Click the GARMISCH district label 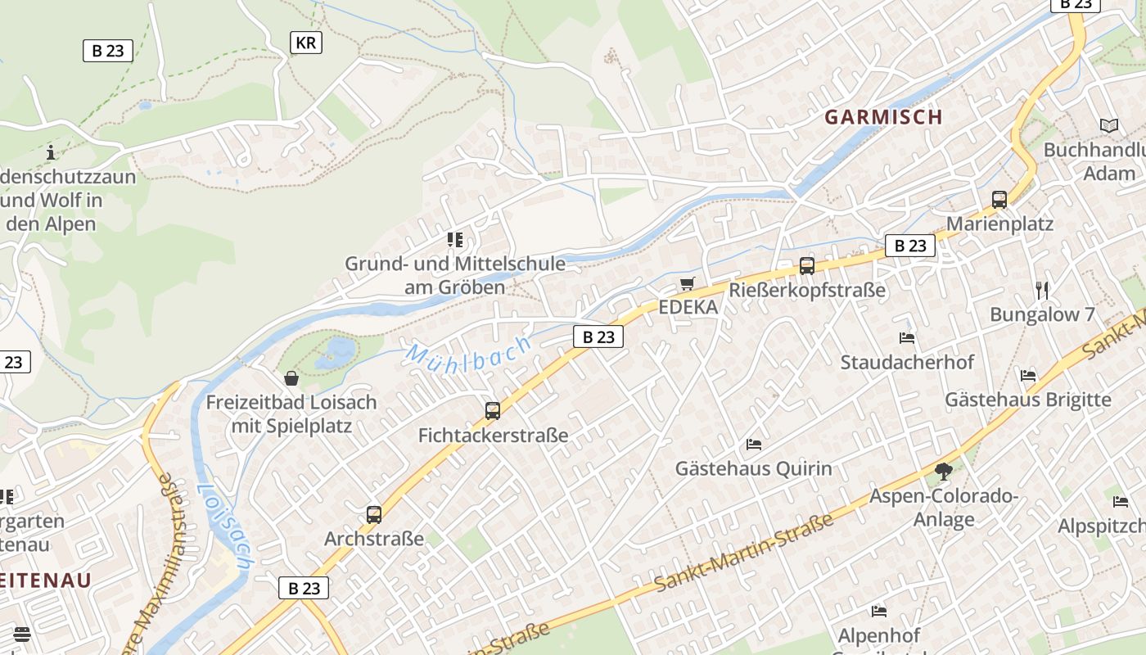pyautogui.click(x=883, y=117)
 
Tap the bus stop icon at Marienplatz pyautogui.click(x=999, y=199)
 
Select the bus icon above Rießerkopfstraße pyautogui.click(x=807, y=265)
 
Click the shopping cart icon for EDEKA pyautogui.click(x=688, y=283)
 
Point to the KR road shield pyautogui.click(x=306, y=43)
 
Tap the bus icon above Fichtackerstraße pyautogui.click(x=493, y=410)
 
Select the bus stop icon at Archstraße pyautogui.click(x=374, y=515)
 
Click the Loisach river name pyautogui.click(x=224, y=526)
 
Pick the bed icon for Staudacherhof pyautogui.click(x=907, y=337)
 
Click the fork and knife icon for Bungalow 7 pyautogui.click(x=1042, y=290)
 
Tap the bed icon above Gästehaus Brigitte pyautogui.click(x=1028, y=375)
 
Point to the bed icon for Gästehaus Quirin pyautogui.click(x=754, y=445)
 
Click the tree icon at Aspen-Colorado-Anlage pyautogui.click(x=944, y=471)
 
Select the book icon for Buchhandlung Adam pyautogui.click(x=1109, y=126)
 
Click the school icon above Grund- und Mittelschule pyautogui.click(x=455, y=240)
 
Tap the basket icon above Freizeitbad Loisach pyautogui.click(x=291, y=378)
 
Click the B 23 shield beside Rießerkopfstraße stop pyautogui.click(x=910, y=246)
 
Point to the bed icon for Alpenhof pyautogui.click(x=879, y=611)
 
